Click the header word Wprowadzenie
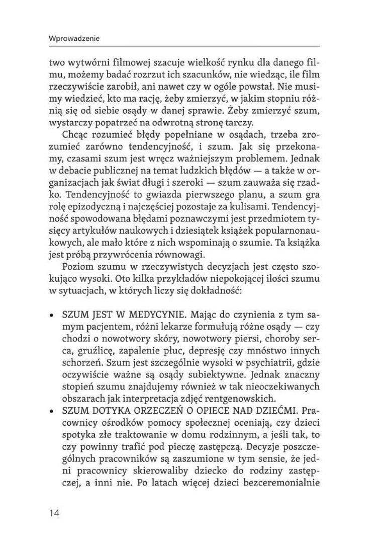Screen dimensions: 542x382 click(72, 38)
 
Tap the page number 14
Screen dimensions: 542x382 click(54, 513)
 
